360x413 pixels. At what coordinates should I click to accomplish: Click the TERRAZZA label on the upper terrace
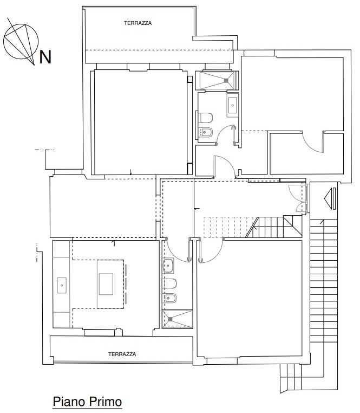click(x=138, y=23)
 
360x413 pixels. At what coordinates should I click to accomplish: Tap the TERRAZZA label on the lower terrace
click(x=122, y=354)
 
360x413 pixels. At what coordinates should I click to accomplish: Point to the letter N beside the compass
click(x=45, y=57)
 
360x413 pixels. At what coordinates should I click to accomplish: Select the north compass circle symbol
click(x=21, y=41)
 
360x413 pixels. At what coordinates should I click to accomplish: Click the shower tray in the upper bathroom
click(x=217, y=80)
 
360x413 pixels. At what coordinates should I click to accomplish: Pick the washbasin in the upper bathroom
click(x=233, y=105)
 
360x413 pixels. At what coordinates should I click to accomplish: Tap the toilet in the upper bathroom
click(x=205, y=118)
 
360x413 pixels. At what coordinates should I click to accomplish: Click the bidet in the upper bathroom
click(x=205, y=132)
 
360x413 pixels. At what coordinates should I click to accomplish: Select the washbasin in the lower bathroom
click(x=168, y=265)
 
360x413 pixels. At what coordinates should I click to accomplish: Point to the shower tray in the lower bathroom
click(x=178, y=319)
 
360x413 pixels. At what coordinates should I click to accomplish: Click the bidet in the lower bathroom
click(x=171, y=298)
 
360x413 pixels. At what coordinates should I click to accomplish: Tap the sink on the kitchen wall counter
click(x=62, y=285)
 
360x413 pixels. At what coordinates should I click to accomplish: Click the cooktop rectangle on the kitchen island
click(x=106, y=284)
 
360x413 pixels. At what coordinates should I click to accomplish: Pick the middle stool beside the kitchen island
click(x=126, y=284)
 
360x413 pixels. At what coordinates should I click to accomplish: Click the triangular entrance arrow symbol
click(x=330, y=198)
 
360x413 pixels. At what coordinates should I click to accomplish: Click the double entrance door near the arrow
click(x=298, y=198)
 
